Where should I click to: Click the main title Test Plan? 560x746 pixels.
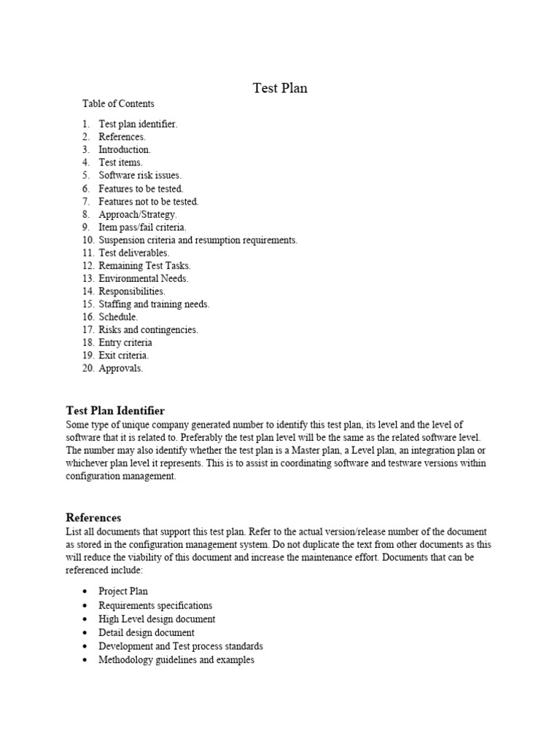click(x=280, y=88)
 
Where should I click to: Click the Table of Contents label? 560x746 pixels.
click(x=118, y=104)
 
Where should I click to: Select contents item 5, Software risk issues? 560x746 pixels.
click(x=140, y=176)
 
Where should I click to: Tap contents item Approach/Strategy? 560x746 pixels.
click(x=138, y=214)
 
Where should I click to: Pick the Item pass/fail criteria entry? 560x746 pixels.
click(x=143, y=227)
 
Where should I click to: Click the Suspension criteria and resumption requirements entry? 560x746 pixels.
click(x=198, y=240)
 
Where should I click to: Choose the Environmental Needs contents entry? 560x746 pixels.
click(x=144, y=278)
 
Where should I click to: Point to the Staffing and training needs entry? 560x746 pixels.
click(x=154, y=304)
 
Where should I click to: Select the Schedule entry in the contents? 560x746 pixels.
click(x=118, y=317)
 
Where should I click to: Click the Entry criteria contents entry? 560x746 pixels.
click(x=125, y=342)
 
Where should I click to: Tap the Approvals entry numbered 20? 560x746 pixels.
click(x=121, y=369)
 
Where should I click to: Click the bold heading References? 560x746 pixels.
click(x=93, y=518)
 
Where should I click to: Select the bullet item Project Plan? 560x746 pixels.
click(x=123, y=592)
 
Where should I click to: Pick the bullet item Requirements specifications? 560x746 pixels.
click(x=155, y=605)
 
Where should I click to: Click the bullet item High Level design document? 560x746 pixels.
click(x=157, y=619)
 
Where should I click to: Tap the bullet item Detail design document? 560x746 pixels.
click(x=147, y=633)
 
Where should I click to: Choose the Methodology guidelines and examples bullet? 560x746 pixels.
click(x=176, y=660)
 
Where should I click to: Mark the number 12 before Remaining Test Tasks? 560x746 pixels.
click(x=87, y=266)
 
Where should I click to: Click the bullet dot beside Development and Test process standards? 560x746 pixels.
click(x=85, y=647)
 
